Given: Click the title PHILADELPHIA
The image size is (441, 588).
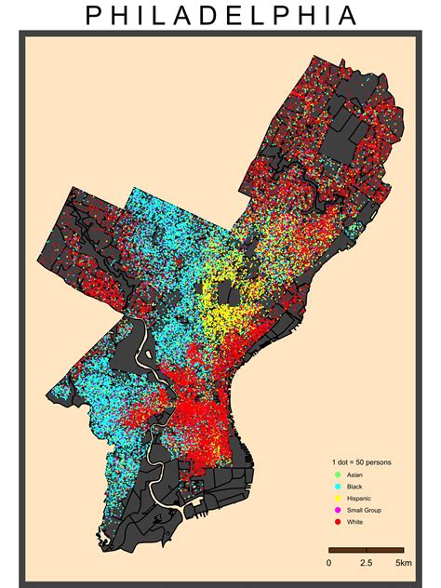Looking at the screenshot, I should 220,16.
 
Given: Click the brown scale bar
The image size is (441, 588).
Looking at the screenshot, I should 366,550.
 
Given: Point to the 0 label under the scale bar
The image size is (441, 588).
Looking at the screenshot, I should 328,564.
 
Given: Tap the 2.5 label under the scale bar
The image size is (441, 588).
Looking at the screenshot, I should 366,564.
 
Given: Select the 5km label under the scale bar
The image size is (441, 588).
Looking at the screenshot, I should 404,564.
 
